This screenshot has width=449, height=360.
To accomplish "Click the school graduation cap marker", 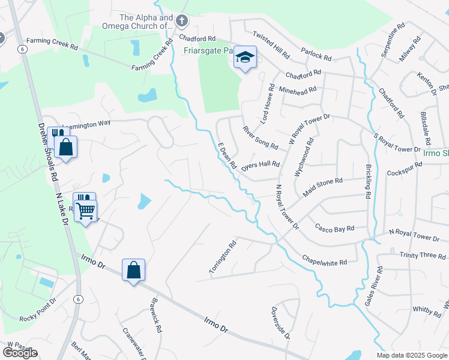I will pyautogui.click(x=244, y=58).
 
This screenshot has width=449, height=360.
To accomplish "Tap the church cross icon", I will pyautogui.click(x=182, y=22).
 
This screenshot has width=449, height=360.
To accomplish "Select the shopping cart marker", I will pyautogui.click(x=86, y=210).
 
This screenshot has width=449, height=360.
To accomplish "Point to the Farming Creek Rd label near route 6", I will pyautogui.click(x=53, y=46).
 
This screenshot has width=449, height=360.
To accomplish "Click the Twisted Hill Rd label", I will pyautogui.click(x=271, y=44).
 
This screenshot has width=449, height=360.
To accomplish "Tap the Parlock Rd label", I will pyautogui.click(x=316, y=55).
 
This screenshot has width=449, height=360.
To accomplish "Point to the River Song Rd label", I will pyautogui.click(x=260, y=138).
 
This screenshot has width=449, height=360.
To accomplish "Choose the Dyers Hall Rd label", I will pyautogui.click(x=261, y=166).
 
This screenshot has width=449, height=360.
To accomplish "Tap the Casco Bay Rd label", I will pyautogui.click(x=335, y=228).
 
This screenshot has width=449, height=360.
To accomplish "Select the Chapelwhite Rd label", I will pyautogui.click(x=325, y=259).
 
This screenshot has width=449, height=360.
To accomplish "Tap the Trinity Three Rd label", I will pyautogui.click(x=423, y=256).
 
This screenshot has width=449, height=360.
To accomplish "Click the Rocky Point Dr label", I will pyautogui.click(x=37, y=310).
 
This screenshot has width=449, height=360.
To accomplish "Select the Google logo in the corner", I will pyautogui.click(x=20, y=353).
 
